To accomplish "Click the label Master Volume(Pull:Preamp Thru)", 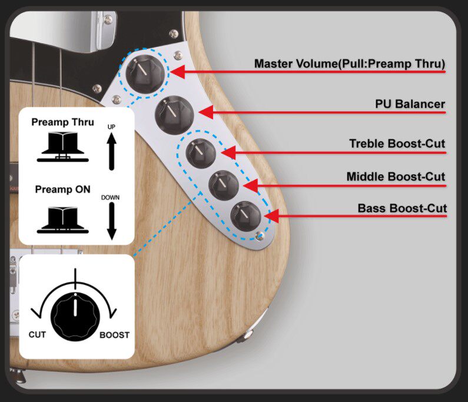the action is click(349, 64).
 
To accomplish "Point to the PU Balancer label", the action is click(410, 104).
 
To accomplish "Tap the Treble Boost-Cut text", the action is click(397, 143).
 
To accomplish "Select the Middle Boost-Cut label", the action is click(396, 176).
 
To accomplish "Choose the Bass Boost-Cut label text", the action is click(402, 208).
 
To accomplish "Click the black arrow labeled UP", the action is click(111, 151).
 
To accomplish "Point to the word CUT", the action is click(37, 335).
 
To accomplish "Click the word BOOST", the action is click(114, 335).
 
